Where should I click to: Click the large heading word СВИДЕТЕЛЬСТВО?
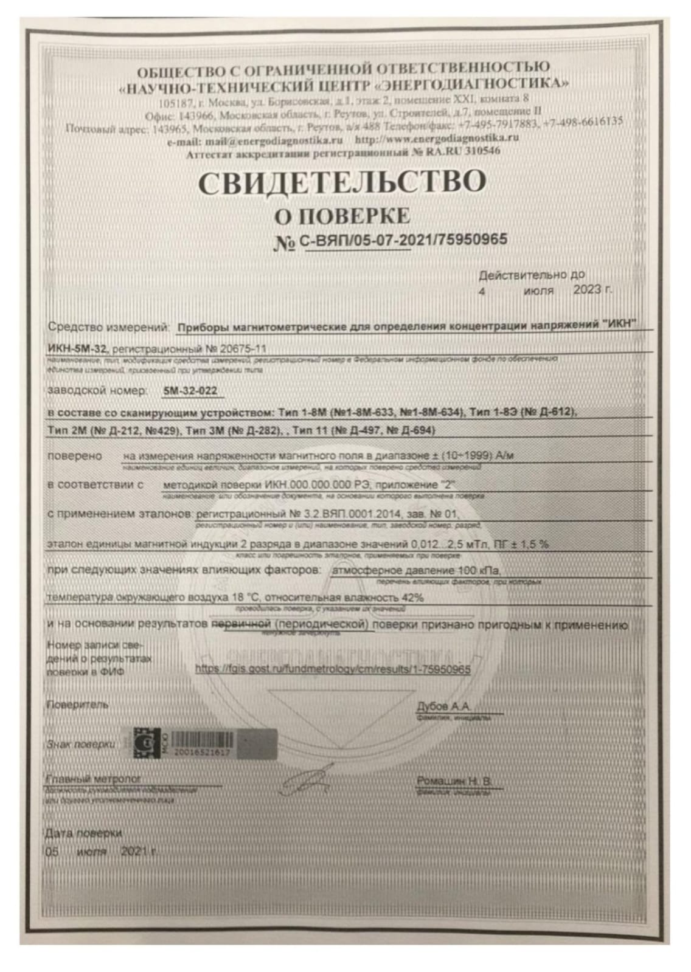(342, 183)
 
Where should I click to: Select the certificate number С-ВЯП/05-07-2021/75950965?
(403, 240)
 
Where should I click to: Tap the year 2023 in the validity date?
(588, 290)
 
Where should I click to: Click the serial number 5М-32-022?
(190, 391)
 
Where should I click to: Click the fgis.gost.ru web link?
(333, 669)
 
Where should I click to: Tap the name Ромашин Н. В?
(454, 781)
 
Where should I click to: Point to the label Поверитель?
(78, 705)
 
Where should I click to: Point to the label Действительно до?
(532, 275)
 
